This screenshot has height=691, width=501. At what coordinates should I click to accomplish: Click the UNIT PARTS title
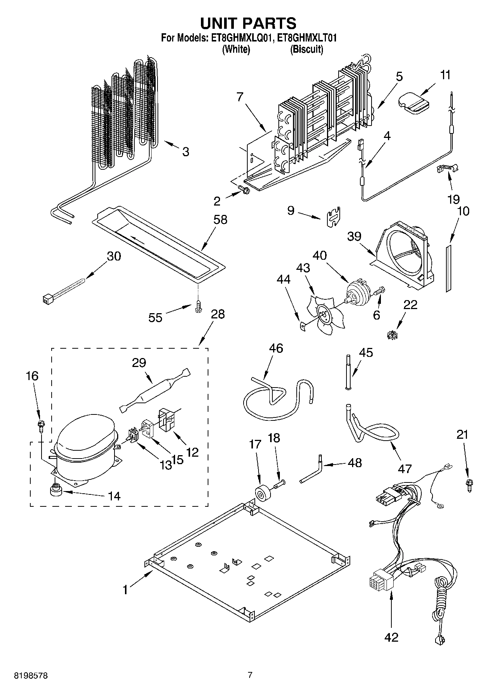[248, 23]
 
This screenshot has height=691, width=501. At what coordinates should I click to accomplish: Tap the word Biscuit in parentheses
[306, 49]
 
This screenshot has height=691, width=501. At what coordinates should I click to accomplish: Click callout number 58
[220, 219]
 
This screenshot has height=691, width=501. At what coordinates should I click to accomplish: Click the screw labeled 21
[468, 486]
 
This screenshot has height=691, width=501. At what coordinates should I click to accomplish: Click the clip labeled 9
[332, 217]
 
